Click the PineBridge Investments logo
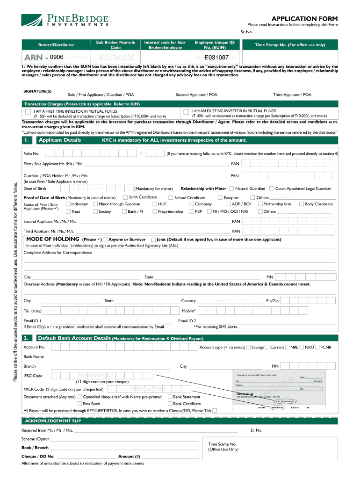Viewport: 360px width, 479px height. pyautogui.click(x=65, y=21)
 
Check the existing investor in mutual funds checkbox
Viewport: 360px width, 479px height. pyautogui.click(x=186, y=112)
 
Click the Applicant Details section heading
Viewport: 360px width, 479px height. pyautogui.click(x=59, y=140)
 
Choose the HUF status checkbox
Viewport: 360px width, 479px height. pyautogui.click(x=154, y=204)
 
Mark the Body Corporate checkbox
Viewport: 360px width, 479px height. pyautogui.click(x=302, y=204)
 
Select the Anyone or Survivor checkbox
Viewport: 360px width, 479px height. pyautogui.click(x=105, y=239)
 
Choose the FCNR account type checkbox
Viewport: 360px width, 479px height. pyautogui.click(x=317, y=347)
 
